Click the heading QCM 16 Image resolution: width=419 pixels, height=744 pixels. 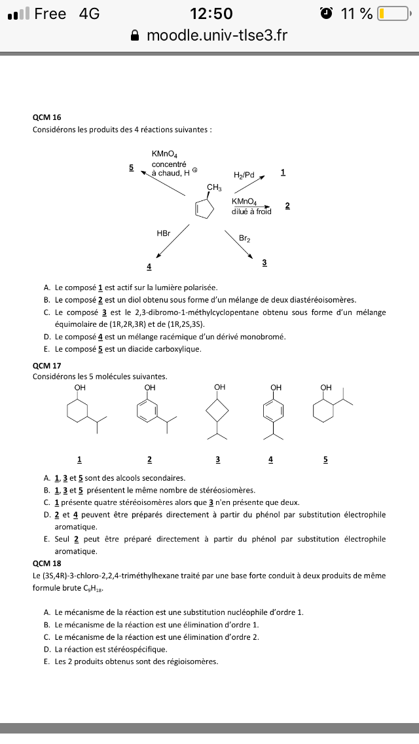point(47,117)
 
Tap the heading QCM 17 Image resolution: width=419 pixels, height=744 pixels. point(47,365)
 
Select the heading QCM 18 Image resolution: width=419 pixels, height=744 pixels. point(47,563)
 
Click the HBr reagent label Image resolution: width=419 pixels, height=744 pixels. point(163,233)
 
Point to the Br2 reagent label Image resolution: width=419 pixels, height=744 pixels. point(244,239)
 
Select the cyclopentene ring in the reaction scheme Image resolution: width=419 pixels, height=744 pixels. point(206,208)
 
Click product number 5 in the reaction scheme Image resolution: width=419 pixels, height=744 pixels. point(131,168)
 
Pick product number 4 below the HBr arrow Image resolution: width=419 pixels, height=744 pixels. point(149,267)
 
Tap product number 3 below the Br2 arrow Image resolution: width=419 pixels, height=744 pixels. point(264,263)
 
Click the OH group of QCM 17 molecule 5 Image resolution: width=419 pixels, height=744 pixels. point(326,387)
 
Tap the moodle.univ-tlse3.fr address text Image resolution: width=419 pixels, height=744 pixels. point(217,35)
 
